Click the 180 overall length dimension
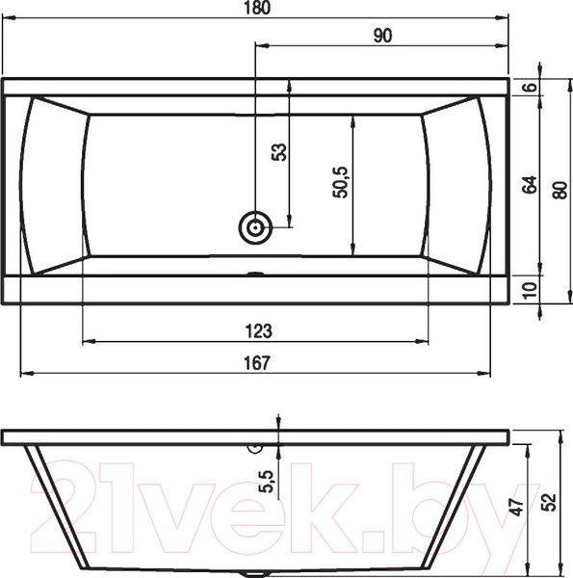(257, 8)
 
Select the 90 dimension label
(383, 36)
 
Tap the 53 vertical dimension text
(279, 152)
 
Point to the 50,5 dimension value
(340, 182)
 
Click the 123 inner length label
(259, 331)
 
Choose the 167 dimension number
(257, 363)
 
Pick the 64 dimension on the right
(530, 185)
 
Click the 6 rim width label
(531, 87)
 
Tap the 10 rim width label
(531, 291)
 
